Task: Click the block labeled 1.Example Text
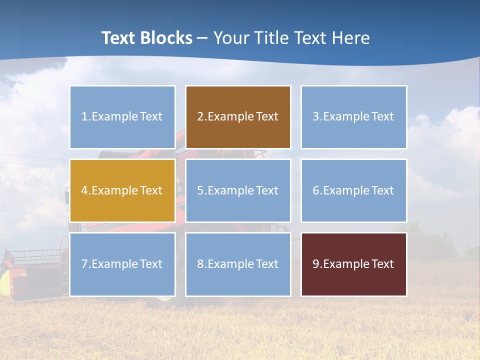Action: click(x=122, y=117)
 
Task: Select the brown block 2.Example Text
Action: click(x=238, y=117)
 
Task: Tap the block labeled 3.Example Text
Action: click(x=353, y=117)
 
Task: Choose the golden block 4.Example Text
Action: click(x=122, y=190)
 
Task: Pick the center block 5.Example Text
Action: click(x=238, y=190)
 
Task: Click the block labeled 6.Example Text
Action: click(x=353, y=190)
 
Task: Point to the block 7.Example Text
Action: click(x=122, y=264)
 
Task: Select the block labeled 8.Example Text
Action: click(x=238, y=264)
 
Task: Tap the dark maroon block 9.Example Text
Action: click(x=353, y=264)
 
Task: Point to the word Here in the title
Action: click(x=351, y=38)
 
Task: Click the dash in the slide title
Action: click(x=202, y=38)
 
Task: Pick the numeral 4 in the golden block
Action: click(x=84, y=190)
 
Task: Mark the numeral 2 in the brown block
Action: click(x=200, y=117)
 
